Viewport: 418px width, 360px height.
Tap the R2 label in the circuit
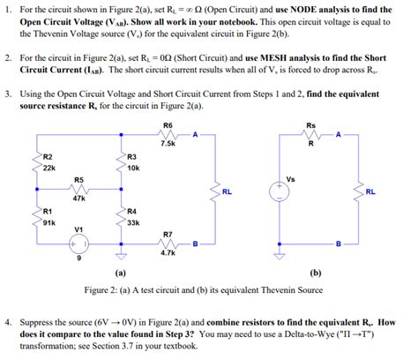[48, 156]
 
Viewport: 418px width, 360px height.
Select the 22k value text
[49, 167]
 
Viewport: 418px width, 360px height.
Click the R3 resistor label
[131, 156]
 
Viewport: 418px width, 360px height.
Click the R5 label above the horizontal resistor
[78, 179]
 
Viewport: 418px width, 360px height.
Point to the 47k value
[78, 199]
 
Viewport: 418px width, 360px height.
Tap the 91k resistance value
[49, 222]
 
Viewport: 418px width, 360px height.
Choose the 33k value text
[133, 222]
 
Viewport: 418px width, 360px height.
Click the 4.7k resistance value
[168, 252]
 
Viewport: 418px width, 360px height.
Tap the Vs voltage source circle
[280, 191]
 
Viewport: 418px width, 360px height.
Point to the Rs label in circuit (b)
[310, 124]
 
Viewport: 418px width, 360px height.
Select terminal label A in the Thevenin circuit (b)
[336, 134]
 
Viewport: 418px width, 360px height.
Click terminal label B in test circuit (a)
[195, 243]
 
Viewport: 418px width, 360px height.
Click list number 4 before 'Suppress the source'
[8, 323]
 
